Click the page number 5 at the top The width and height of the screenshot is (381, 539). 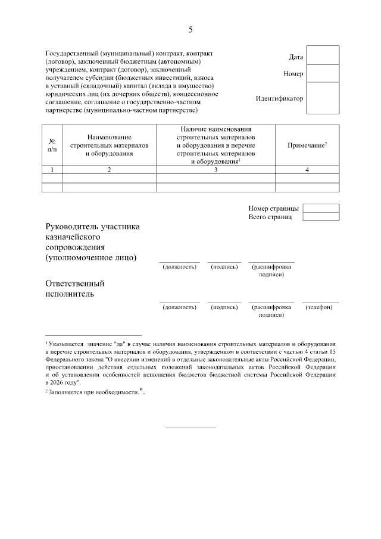point(190,29)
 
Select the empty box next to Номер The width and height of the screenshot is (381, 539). point(322,74)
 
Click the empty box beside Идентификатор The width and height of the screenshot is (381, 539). point(322,97)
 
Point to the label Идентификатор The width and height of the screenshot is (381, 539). point(279,98)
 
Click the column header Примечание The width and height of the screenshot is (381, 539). point(307,145)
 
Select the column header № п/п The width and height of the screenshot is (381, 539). point(52,145)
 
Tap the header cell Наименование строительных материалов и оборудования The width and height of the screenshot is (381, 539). point(109,145)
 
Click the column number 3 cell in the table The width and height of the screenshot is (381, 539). point(216,170)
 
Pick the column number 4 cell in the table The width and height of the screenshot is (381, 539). point(307,170)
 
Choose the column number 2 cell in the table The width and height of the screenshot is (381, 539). point(109,170)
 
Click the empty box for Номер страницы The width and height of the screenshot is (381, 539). point(320,208)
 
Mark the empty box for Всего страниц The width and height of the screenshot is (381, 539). point(320,217)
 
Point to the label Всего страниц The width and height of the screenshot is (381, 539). point(270,217)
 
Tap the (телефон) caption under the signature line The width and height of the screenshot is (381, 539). point(320,307)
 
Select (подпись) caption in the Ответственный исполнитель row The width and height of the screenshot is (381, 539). point(224,307)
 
